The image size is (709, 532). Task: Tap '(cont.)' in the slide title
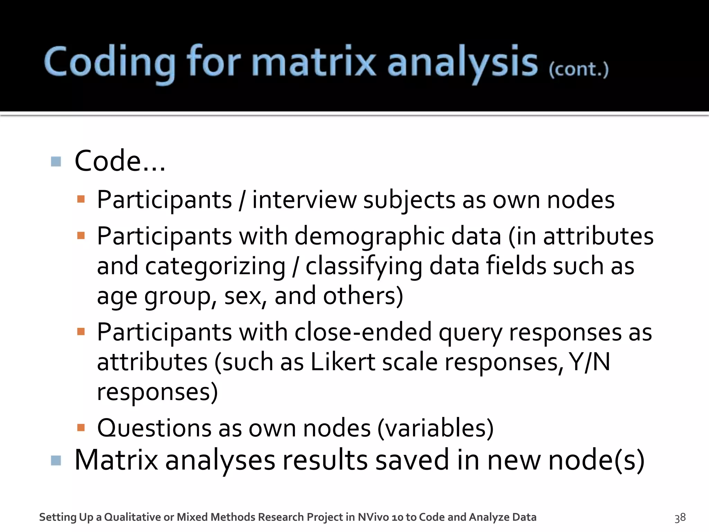click(578, 69)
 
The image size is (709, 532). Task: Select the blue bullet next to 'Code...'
click(56, 161)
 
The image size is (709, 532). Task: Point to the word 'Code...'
click(119, 161)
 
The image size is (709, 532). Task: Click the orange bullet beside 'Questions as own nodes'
click(81, 427)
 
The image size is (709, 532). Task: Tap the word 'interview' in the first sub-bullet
click(304, 200)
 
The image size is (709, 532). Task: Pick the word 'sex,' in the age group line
click(245, 296)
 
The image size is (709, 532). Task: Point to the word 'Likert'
click(343, 362)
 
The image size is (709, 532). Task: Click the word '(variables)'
click(435, 428)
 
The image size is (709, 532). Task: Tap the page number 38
click(680, 517)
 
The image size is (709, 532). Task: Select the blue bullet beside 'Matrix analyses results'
click(56, 461)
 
